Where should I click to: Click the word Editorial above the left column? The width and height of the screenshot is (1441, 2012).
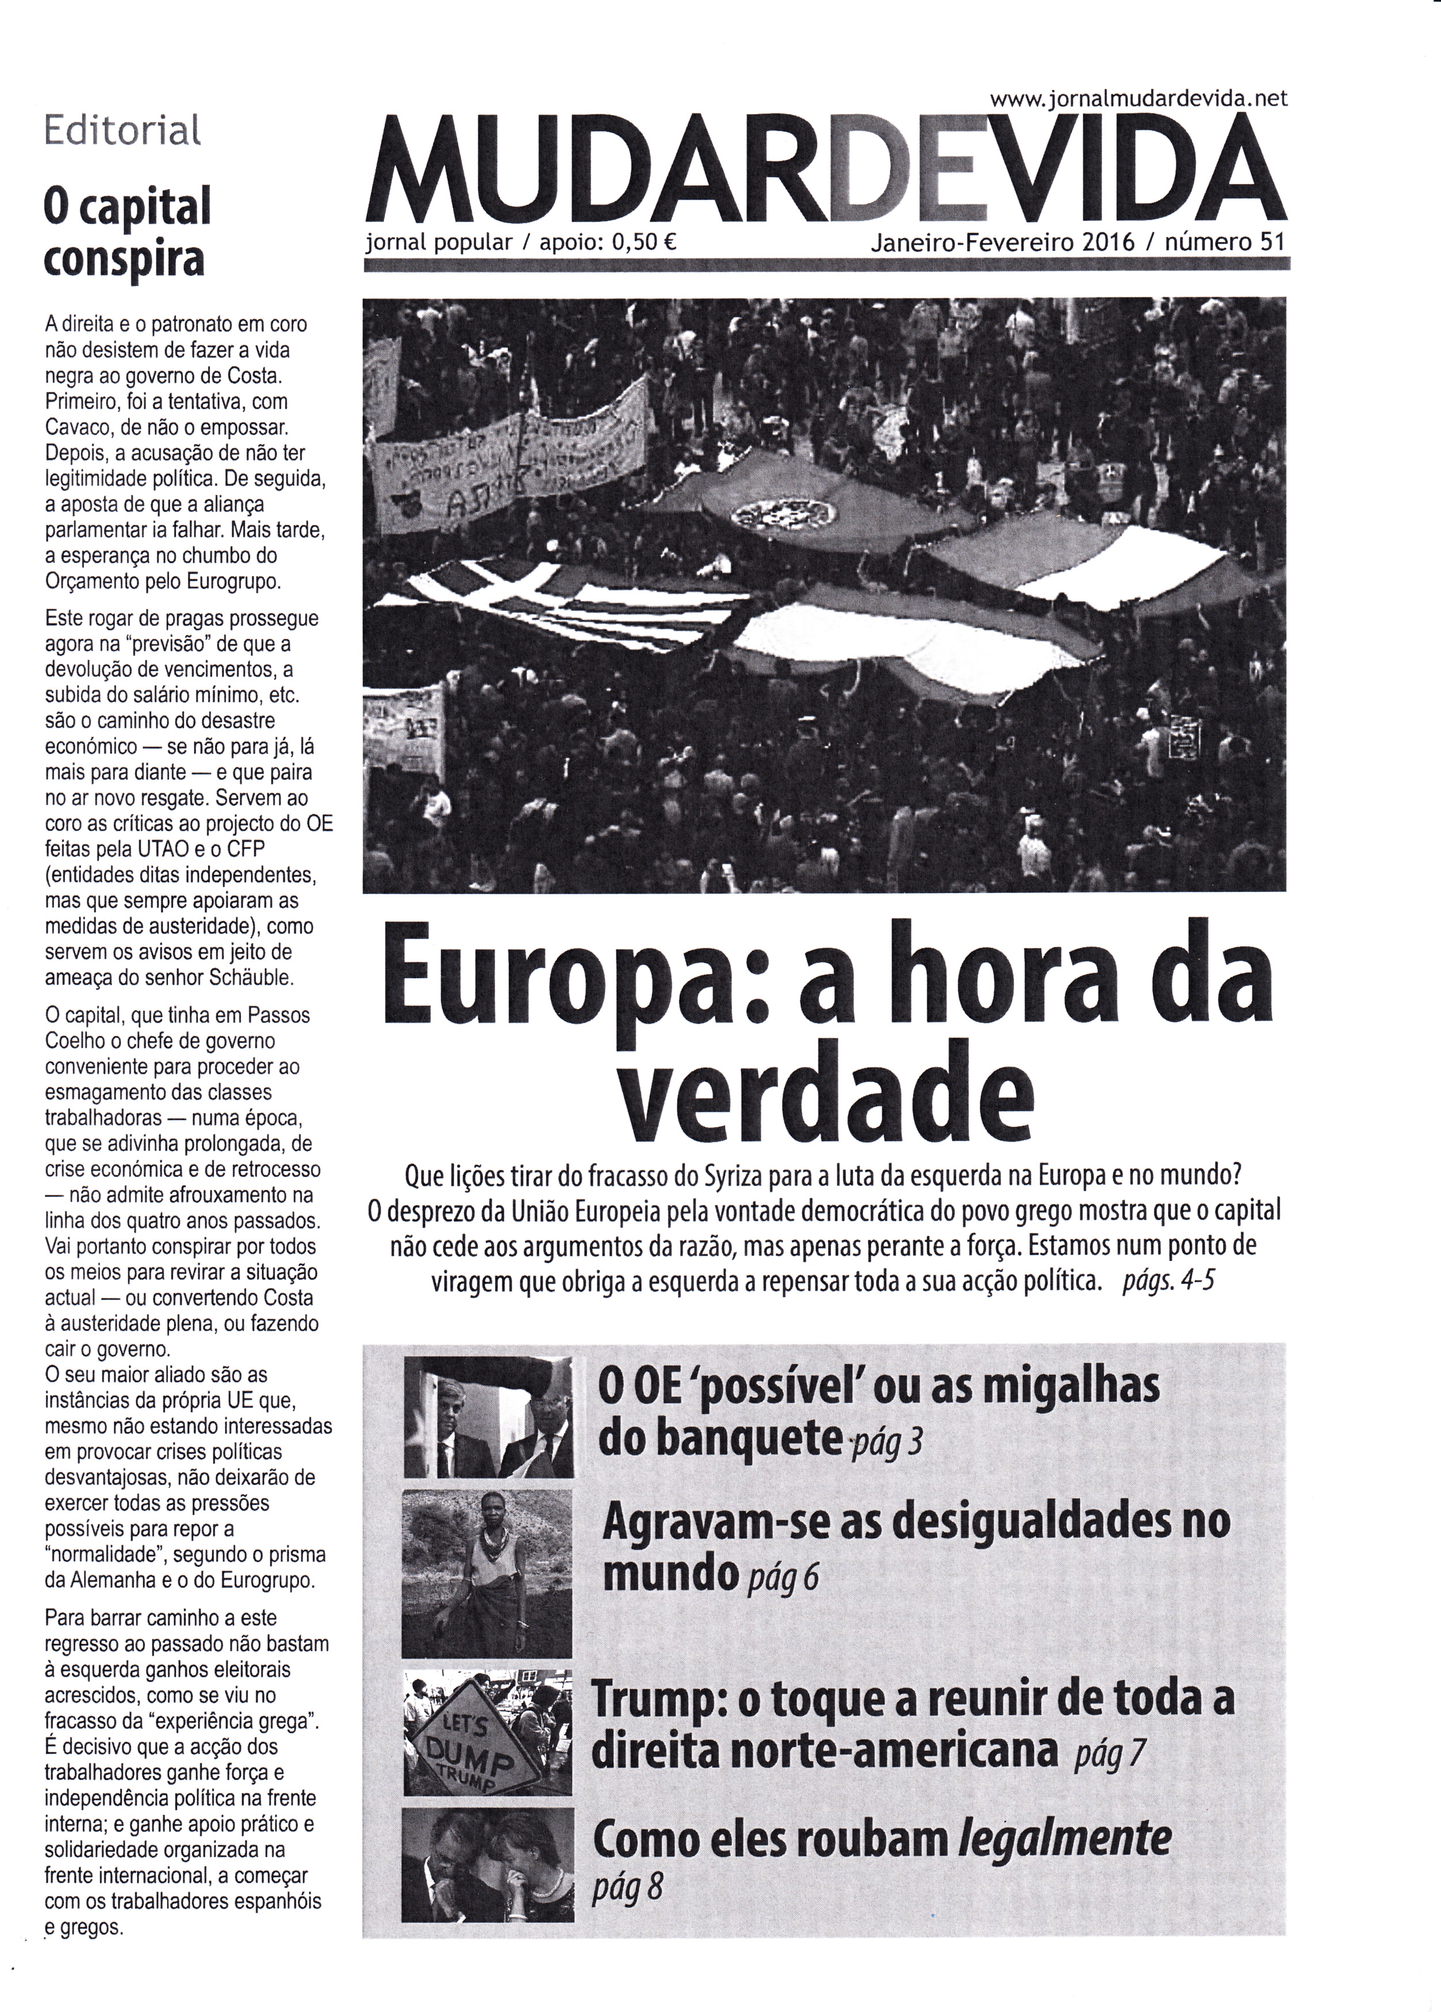coord(123,131)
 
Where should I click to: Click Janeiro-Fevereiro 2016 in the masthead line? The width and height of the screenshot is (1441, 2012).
coord(1002,242)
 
